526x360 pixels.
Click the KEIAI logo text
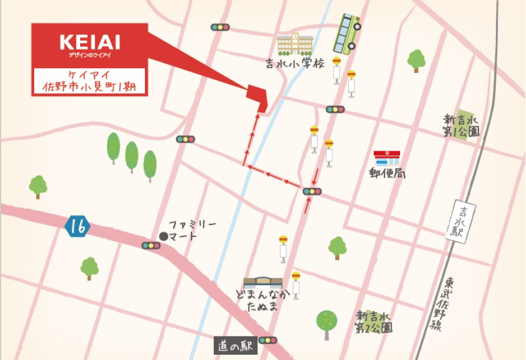coord(90,42)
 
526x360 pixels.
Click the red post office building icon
coord(386,158)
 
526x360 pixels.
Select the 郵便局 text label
coord(387,173)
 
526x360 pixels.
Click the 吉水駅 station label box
coord(460,222)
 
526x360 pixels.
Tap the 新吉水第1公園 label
coord(461,125)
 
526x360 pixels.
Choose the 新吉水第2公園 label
coord(373,322)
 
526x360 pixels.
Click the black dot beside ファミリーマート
coord(163,236)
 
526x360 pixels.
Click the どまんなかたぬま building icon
coord(263,282)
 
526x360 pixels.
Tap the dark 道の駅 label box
coord(235,346)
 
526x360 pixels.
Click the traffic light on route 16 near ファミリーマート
coord(151,245)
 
